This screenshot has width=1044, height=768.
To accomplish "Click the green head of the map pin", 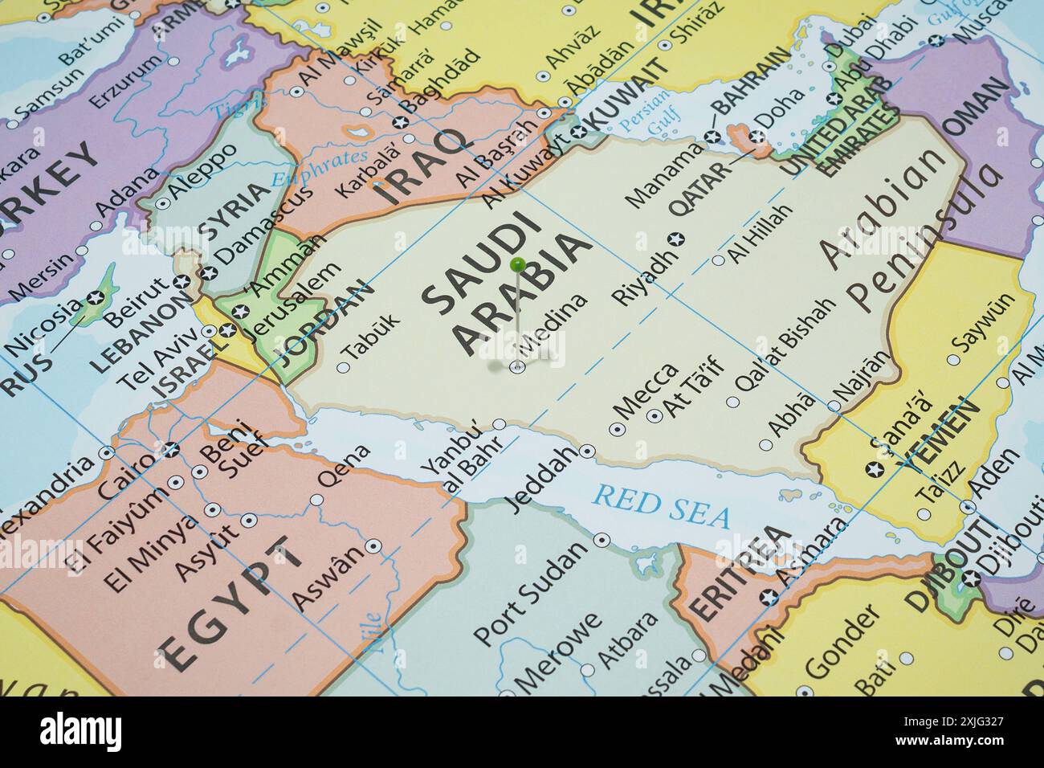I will [518, 263].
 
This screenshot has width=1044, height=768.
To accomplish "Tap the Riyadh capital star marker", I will [676, 239].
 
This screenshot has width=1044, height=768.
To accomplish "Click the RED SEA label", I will [661, 506].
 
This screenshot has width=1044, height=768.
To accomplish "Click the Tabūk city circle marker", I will [343, 368].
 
